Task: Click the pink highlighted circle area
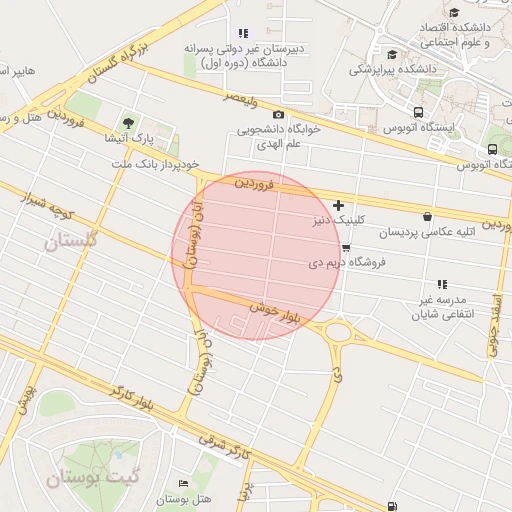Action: point(256,255)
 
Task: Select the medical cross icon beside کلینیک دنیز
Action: point(338,205)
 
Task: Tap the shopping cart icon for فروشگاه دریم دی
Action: point(346,247)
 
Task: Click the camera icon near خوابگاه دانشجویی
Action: point(278,114)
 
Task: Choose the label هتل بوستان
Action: point(182,498)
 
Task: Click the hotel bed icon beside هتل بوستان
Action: point(182,482)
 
